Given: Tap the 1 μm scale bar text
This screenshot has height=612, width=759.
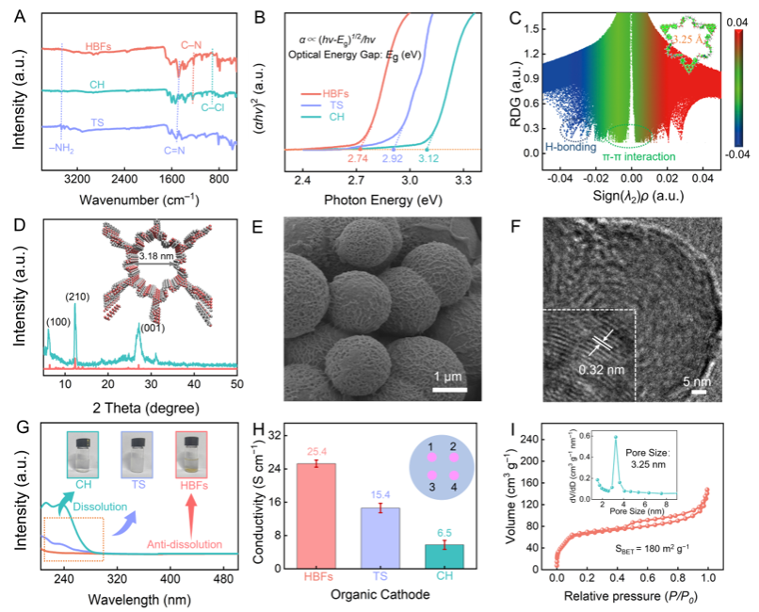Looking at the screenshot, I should (x=450, y=377).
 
